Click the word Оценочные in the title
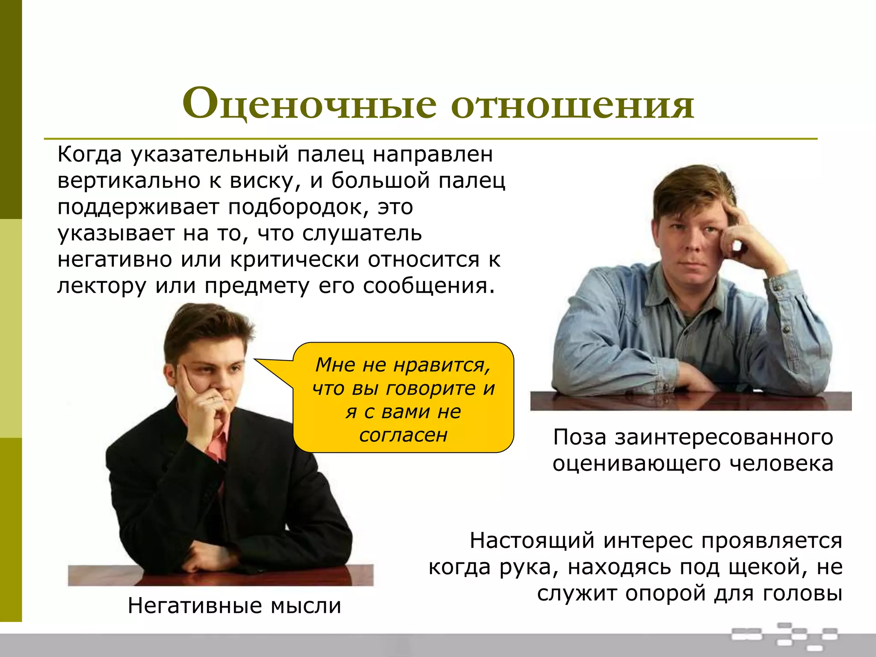click(x=309, y=104)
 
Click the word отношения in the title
click(x=572, y=104)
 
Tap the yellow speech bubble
click(x=403, y=398)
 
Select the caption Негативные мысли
click(x=234, y=606)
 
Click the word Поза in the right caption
click(x=580, y=437)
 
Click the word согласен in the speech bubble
click(x=403, y=435)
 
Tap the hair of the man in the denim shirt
click(x=693, y=188)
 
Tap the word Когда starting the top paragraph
click(x=89, y=154)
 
